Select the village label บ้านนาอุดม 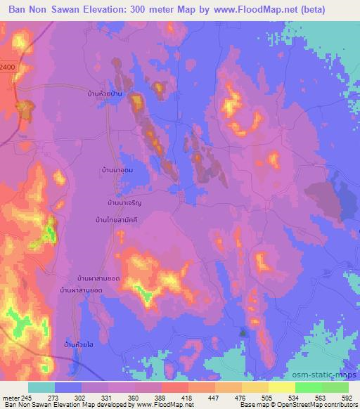point(117,170)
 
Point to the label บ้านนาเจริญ point(125,202)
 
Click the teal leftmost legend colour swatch point(41,387)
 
